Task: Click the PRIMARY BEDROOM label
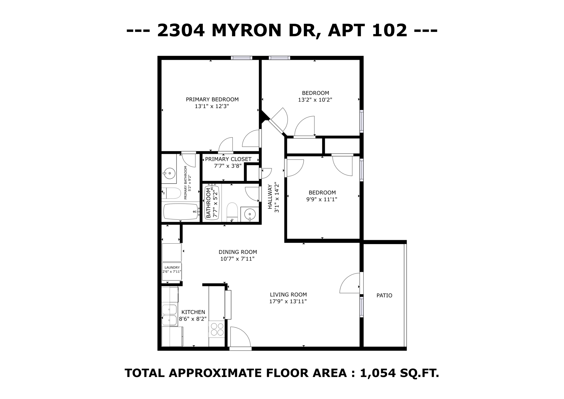coord(212,99)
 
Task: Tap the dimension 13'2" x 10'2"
coord(315,100)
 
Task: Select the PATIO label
coord(384,295)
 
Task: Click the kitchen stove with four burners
coord(217,329)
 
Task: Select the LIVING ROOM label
coord(288,295)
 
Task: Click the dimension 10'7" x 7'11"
coord(237,259)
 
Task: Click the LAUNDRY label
coord(172,267)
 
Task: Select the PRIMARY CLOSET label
coord(228,159)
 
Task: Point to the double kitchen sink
coord(169,315)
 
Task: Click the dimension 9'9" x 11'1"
coord(322,199)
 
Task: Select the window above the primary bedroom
coord(242,58)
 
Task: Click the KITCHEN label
coord(193,312)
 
